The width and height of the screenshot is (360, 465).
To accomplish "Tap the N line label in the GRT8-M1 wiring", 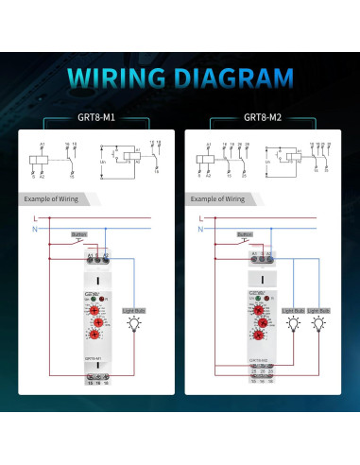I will pyautogui.click(x=35, y=229).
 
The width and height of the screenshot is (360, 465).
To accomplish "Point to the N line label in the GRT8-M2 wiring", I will pyautogui.click(x=201, y=229).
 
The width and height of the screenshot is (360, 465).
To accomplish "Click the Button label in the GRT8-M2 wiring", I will pyautogui.click(x=244, y=233).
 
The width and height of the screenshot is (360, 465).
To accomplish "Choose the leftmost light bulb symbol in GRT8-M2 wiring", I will pyautogui.click(x=293, y=323).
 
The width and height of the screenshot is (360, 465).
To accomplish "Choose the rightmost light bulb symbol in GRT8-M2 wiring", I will pyautogui.click(x=322, y=323).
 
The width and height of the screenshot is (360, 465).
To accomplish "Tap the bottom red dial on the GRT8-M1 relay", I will pyautogui.click(x=98, y=346).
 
